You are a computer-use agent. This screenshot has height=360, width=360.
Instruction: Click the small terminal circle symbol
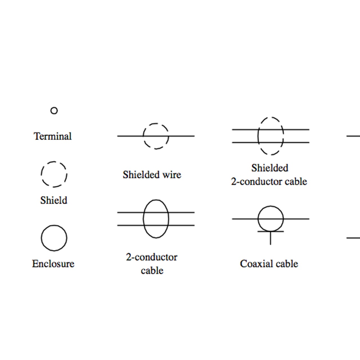54,111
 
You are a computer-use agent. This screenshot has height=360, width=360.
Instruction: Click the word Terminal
53,136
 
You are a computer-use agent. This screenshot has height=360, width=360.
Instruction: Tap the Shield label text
54,201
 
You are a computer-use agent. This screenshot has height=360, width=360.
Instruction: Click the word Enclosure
53,264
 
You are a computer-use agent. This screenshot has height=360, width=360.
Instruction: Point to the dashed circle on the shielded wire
156,124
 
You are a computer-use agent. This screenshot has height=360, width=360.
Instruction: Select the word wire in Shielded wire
172,175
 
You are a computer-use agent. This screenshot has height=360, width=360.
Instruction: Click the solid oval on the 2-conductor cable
156,200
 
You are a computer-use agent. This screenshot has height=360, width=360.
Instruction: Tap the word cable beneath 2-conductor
152,271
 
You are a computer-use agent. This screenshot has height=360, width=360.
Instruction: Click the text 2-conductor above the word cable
152,257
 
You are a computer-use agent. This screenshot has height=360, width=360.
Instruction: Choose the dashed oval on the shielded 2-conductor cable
271,118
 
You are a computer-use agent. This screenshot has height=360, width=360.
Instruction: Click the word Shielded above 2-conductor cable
270,168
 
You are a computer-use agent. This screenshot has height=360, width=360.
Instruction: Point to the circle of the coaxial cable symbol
271,207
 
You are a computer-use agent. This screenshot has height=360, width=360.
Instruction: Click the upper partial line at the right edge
353,136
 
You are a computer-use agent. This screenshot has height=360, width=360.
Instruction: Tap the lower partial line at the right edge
353,238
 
